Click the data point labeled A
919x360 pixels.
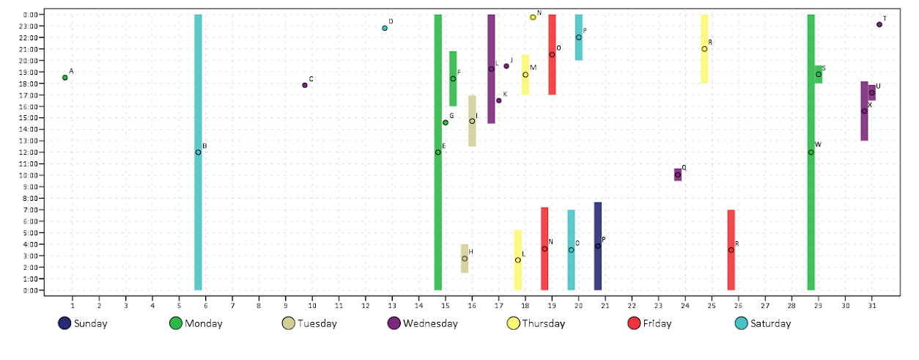[x=64, y=77]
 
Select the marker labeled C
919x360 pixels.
[x=305, y=85]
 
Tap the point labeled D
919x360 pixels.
[x=385, y=28]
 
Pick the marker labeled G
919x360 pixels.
[x=446, y=122]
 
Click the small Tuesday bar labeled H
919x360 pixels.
[x=465, y=259]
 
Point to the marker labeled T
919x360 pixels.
[x=879, y=24]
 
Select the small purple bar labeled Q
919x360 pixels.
[x=678, y=175]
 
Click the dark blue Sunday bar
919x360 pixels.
[x=598, y=246]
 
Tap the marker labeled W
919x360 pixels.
[x=811, y=152]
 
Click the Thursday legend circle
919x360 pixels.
[x=514, y=323]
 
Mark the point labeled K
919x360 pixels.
[x=499, y=100]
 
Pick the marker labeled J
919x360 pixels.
[x=506, y=66]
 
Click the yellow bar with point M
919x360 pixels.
[x=525, y=75]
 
